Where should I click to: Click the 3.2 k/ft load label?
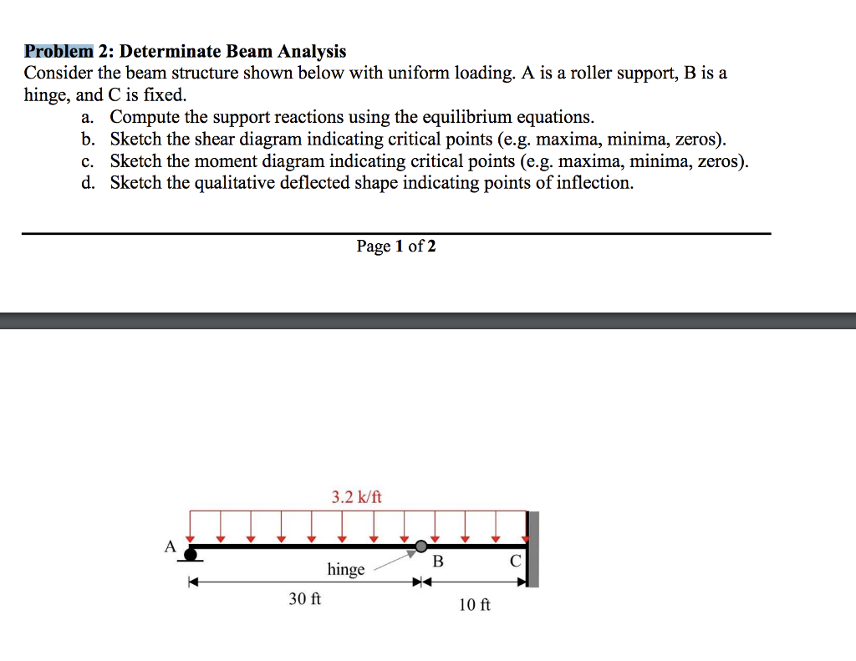click(356, 497)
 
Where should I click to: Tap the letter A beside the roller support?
click(170, 547)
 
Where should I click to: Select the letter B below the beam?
click(436, 562)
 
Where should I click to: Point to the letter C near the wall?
click(515, 562)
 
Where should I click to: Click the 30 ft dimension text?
click(304, 599)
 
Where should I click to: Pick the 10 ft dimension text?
click(475, 604)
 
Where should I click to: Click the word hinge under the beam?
click(346, 570)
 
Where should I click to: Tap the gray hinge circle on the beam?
click(421, 547)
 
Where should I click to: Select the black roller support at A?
click(191, 553)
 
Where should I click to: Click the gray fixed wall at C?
click(533, 549)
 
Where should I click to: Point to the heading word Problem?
click(59, 52)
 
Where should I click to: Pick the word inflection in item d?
click(594, 182)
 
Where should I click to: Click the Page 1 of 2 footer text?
click(395, 246)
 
